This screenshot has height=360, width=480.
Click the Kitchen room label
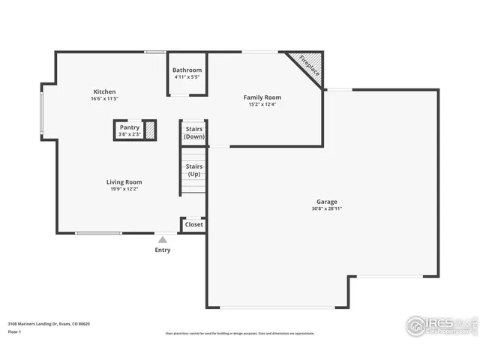click(104, 91)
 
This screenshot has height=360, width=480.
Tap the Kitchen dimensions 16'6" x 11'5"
click(104, 99)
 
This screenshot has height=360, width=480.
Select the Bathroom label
click(187, 70)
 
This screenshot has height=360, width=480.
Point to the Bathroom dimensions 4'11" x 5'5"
click(187, 77)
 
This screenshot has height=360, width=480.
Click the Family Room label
click(262, 97)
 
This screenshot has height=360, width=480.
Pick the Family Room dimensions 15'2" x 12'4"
click(262, 104)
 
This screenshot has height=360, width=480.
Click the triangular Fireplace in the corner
click(308, 65)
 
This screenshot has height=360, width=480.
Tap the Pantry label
click(129, 127)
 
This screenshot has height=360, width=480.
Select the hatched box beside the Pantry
click(150, 130)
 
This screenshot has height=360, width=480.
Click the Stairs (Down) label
click(193, 133)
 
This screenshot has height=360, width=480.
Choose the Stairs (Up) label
click(193, 170)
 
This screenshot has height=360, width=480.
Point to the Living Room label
click(124, 181)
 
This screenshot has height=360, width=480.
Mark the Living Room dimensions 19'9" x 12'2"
click(124, 189)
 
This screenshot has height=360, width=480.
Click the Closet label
click(193, 224)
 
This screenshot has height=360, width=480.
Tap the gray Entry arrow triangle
click(162, 239)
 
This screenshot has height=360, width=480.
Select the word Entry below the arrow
click(162, 250)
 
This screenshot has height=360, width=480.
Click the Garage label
click(326, 201)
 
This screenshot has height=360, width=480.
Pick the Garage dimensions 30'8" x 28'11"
click(326, 208)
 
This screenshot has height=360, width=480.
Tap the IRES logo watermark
click(440, 325)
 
